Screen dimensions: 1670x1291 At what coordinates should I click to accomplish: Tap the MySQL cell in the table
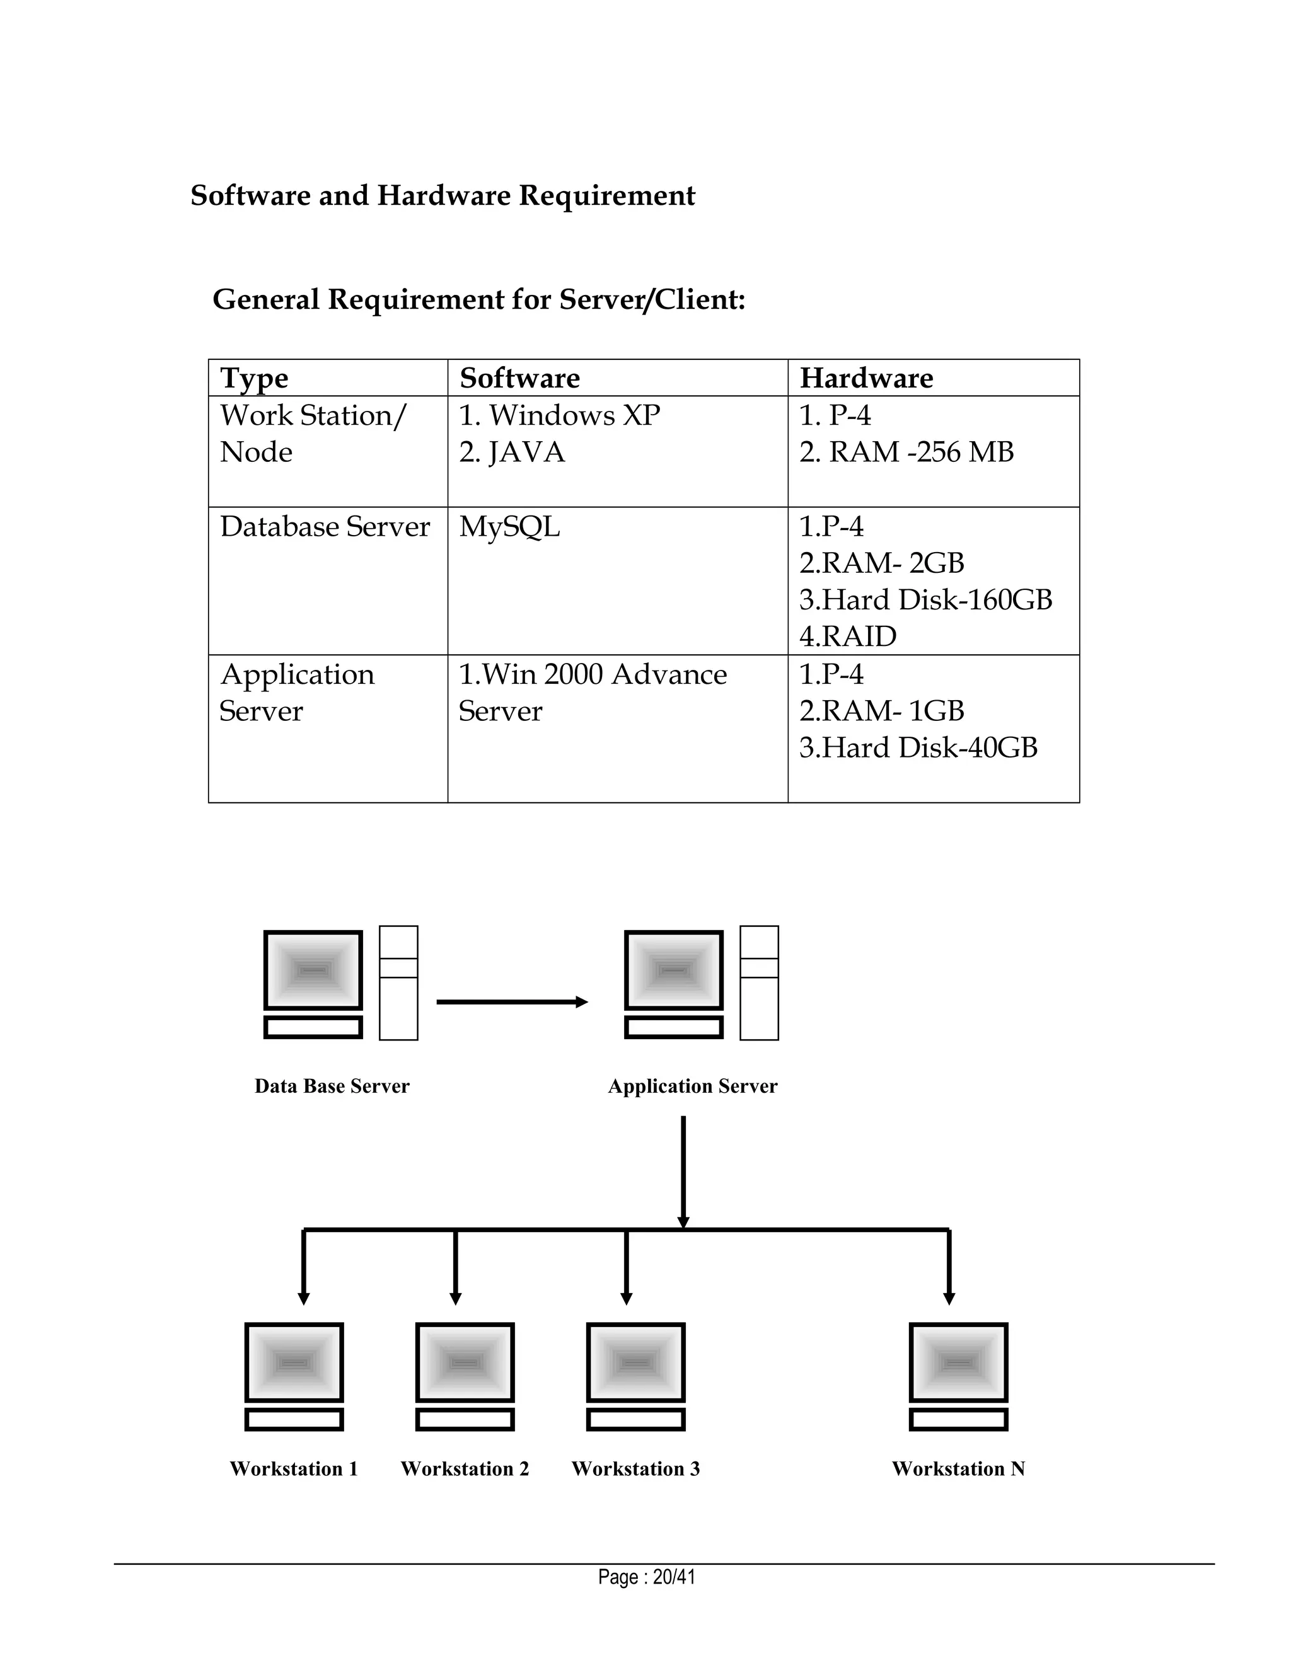[x=509, y=527]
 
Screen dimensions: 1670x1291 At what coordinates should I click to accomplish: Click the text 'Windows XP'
[x=574, y=415]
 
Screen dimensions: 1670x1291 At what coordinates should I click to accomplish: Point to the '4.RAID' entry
[x=847, y=636]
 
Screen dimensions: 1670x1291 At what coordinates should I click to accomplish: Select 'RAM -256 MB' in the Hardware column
[x=921, y=452]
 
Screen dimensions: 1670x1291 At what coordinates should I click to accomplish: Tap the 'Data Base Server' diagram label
[x=332, y=1086]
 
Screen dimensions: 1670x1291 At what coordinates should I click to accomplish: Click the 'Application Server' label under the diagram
[x=692, y=1086]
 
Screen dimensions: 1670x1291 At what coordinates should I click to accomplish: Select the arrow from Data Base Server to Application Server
[x=511, y=1002]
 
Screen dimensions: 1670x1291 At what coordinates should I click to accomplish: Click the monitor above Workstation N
[x=958, y=1362]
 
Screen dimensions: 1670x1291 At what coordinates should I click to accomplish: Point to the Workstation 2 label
[x=464, y=1468]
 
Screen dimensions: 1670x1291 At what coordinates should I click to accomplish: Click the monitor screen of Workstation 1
[x=294, y=1362]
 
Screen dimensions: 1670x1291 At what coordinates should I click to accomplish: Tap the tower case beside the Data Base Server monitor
[x=398, y=982]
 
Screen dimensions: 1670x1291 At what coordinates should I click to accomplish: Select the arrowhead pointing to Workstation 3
[x=627, y=1298]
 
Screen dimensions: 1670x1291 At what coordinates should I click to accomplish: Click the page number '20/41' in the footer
[x=674, y=1577]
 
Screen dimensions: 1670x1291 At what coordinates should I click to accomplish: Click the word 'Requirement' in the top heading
[x=606, y=196]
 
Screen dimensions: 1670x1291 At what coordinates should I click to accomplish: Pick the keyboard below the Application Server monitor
[x=673, y=1027]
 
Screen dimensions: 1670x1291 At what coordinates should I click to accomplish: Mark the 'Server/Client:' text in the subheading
[x=652, y=299]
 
